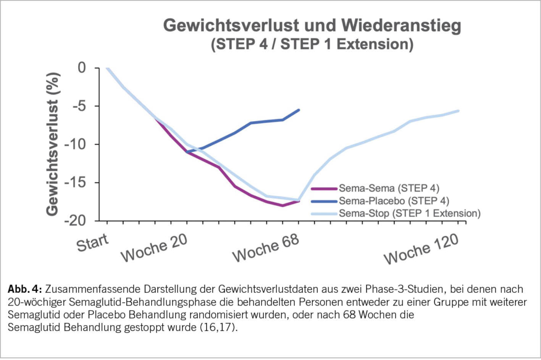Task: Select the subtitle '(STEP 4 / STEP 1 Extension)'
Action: pos(311,45)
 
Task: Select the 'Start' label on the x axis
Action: pos(92,243)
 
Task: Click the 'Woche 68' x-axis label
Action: pos(266,247)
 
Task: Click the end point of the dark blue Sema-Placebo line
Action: pos(299,110)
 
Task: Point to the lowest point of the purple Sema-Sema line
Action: pos(283,205)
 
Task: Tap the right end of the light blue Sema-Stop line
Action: pos(459,110)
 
